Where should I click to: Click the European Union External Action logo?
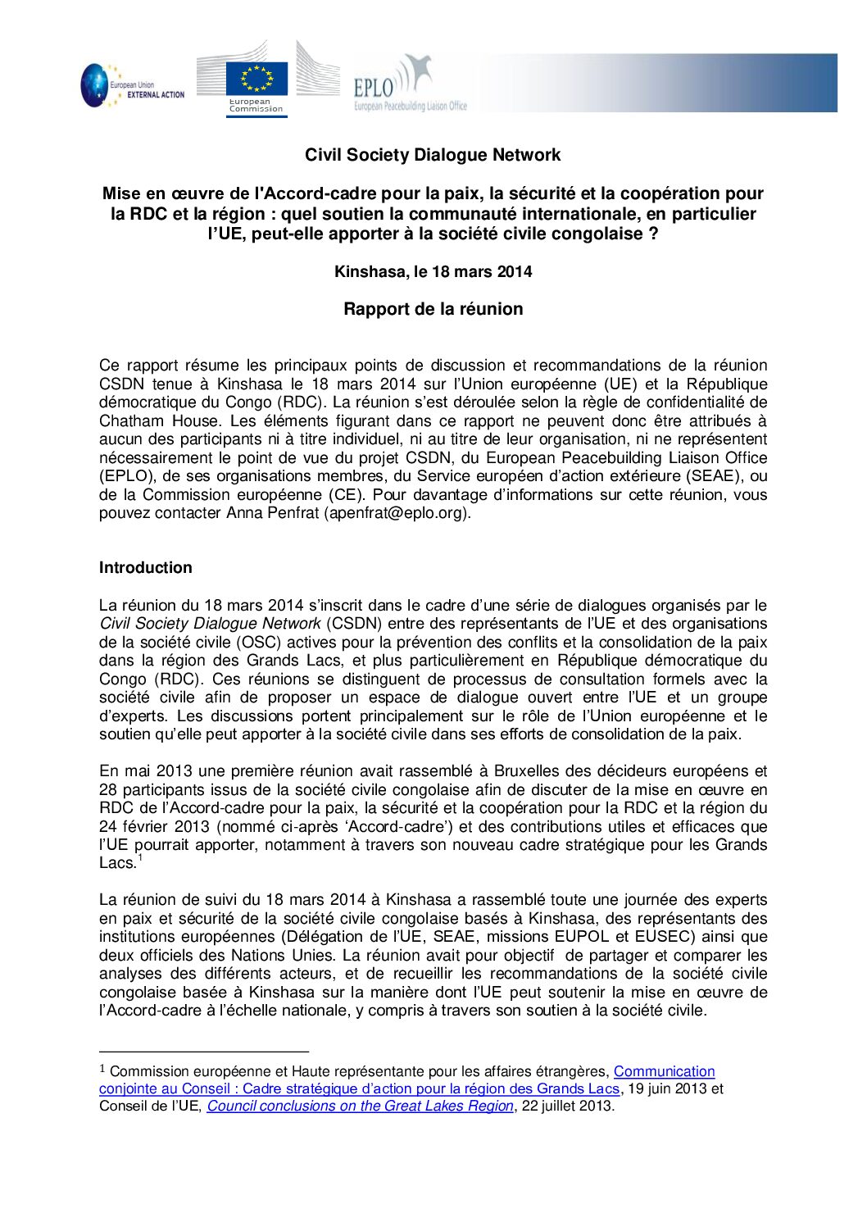[131, 86]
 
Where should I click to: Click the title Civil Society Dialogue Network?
[433, 155]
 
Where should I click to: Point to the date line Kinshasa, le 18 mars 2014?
[433, 271]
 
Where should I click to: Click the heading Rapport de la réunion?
[433, 309]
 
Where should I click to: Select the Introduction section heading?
[146, 567]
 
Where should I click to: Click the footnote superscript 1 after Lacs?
[140, 858]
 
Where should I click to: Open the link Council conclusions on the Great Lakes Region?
[360, 1106]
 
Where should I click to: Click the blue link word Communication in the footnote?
[664, 1071]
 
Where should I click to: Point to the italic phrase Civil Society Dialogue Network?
[210, 624]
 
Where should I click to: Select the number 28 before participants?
[108, 789]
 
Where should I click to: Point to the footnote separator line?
[203, 1051]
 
